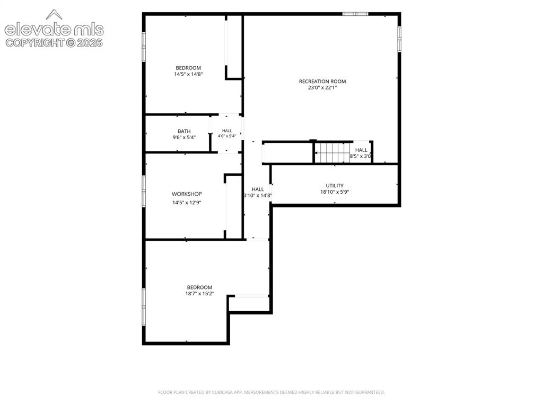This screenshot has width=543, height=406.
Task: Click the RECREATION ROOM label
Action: [x=322, y=82]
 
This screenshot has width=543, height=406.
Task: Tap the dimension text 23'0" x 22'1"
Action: [x=322, y=88]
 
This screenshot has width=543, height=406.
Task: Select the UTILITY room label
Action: [x=335, y=186]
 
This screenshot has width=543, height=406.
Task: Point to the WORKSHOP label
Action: [x=187, y=194]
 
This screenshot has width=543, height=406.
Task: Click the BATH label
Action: [x=184, y=131]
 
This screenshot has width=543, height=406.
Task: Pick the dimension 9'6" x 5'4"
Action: [x=184, y=138]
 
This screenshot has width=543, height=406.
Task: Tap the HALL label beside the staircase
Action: [x=361, y=150]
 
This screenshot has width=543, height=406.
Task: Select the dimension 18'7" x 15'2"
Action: [x=199, y=294]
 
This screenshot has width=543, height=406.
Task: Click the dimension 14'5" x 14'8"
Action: [x=188, y=74]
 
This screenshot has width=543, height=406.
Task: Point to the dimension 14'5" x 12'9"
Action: [x=187, y=203]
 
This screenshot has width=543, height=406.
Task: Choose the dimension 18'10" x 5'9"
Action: [x=335, y=192]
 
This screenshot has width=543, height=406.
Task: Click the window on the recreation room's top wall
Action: [x=355, y=14]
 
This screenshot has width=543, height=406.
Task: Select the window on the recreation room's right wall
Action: [x=399, y=39]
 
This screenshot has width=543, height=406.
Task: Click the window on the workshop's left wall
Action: [x=144, y=191]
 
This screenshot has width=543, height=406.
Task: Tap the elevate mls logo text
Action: [x=54, y=30]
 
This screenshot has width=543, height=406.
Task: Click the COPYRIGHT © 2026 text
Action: [x=54, y=43]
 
